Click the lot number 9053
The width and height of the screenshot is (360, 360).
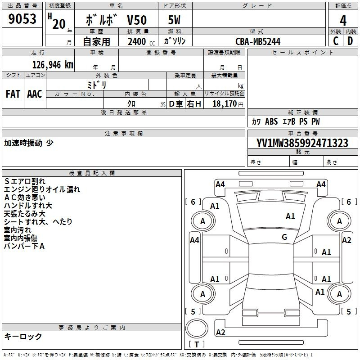(22, 19)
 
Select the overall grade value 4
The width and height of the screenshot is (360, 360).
(343, 21)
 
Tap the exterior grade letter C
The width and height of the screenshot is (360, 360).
(336, 41)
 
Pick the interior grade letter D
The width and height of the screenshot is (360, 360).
(350, 41)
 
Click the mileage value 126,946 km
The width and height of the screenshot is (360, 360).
(53, 65)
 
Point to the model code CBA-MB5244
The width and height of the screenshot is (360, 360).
(258, 41)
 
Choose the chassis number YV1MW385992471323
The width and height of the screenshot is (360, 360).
(302, 143)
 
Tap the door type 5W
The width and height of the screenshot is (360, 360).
(174, 20)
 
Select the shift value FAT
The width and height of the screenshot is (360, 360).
(13, 94)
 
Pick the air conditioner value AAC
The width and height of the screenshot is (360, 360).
(35, 94)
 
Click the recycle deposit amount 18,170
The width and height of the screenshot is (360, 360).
(224, 104)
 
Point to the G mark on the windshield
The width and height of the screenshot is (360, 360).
(284, 237)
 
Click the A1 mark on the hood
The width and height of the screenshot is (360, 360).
(290, 216)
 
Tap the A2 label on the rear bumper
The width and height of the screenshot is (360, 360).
(220, 333)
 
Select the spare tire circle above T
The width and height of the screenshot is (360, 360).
(197, 328)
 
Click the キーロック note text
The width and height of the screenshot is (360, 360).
(23, 336)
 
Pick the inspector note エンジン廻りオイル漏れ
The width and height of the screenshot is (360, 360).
(42, 189)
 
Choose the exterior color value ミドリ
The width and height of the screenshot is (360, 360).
(97, 85)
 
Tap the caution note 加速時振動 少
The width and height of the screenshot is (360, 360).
(29, 143)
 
